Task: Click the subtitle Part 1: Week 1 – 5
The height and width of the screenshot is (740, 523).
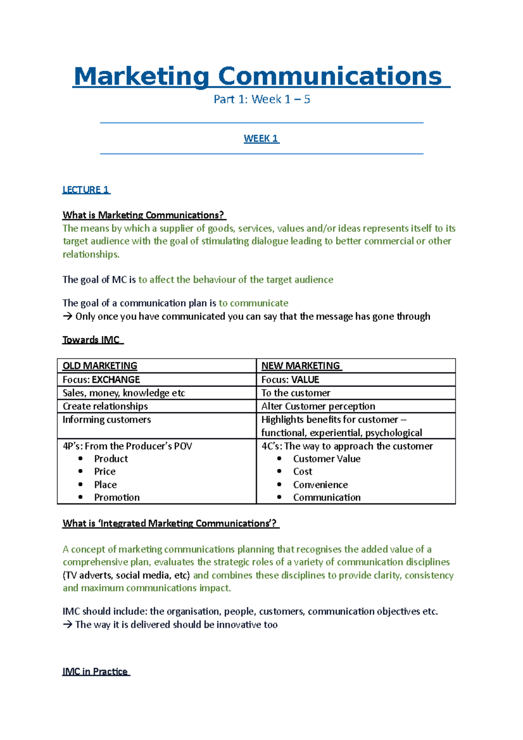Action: (261, 99)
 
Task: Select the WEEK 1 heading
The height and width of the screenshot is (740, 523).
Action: (261, 139)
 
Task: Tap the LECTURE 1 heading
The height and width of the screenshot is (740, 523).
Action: (85, 190)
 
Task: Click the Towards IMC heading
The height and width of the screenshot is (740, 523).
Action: (92, 340)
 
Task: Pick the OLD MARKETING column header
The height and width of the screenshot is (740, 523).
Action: (100, 366)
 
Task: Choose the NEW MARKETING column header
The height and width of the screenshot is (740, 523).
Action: (301, 366)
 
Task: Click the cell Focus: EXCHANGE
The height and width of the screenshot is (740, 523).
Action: (101, 380)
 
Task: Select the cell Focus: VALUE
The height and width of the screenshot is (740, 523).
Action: (290, 380)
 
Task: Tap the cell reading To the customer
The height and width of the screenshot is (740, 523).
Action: (295, 393)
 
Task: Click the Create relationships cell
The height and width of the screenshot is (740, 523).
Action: (105, 406)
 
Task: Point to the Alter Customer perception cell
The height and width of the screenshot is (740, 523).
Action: (318, 406)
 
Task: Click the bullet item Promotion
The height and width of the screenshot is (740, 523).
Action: (117, 497)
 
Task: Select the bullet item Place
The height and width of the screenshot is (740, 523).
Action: (105, 485)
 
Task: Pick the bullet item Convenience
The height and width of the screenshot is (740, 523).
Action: (320, 485)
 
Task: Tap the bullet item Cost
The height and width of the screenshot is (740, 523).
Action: (302, 472)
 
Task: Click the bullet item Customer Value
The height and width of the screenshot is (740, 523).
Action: (326, 459)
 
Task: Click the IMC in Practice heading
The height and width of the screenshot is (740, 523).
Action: (95, 672)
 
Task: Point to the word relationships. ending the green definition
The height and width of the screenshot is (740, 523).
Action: (91, 255)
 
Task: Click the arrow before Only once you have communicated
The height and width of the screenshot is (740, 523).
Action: (68, 316)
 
